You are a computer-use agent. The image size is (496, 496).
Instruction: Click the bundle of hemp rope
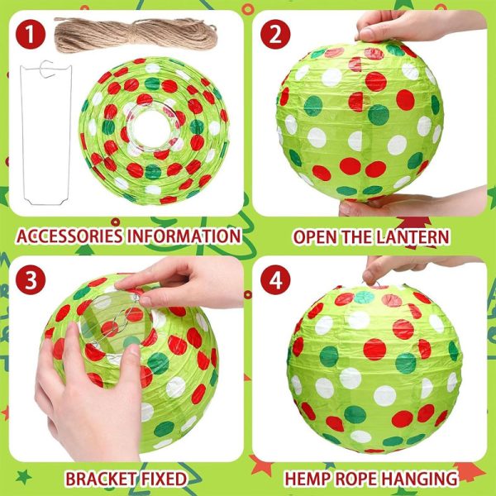(136, 35)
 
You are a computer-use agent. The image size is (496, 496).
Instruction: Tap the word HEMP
(311, 479)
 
